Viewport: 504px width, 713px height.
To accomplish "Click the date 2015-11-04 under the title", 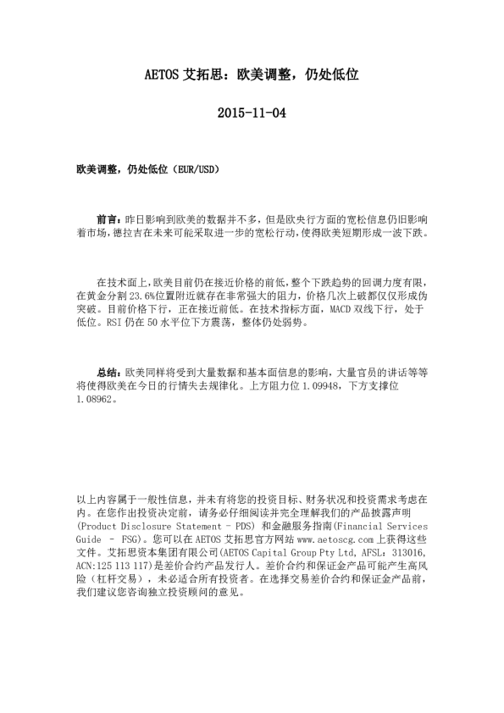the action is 252,112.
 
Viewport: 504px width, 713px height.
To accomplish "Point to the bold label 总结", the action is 109,371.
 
